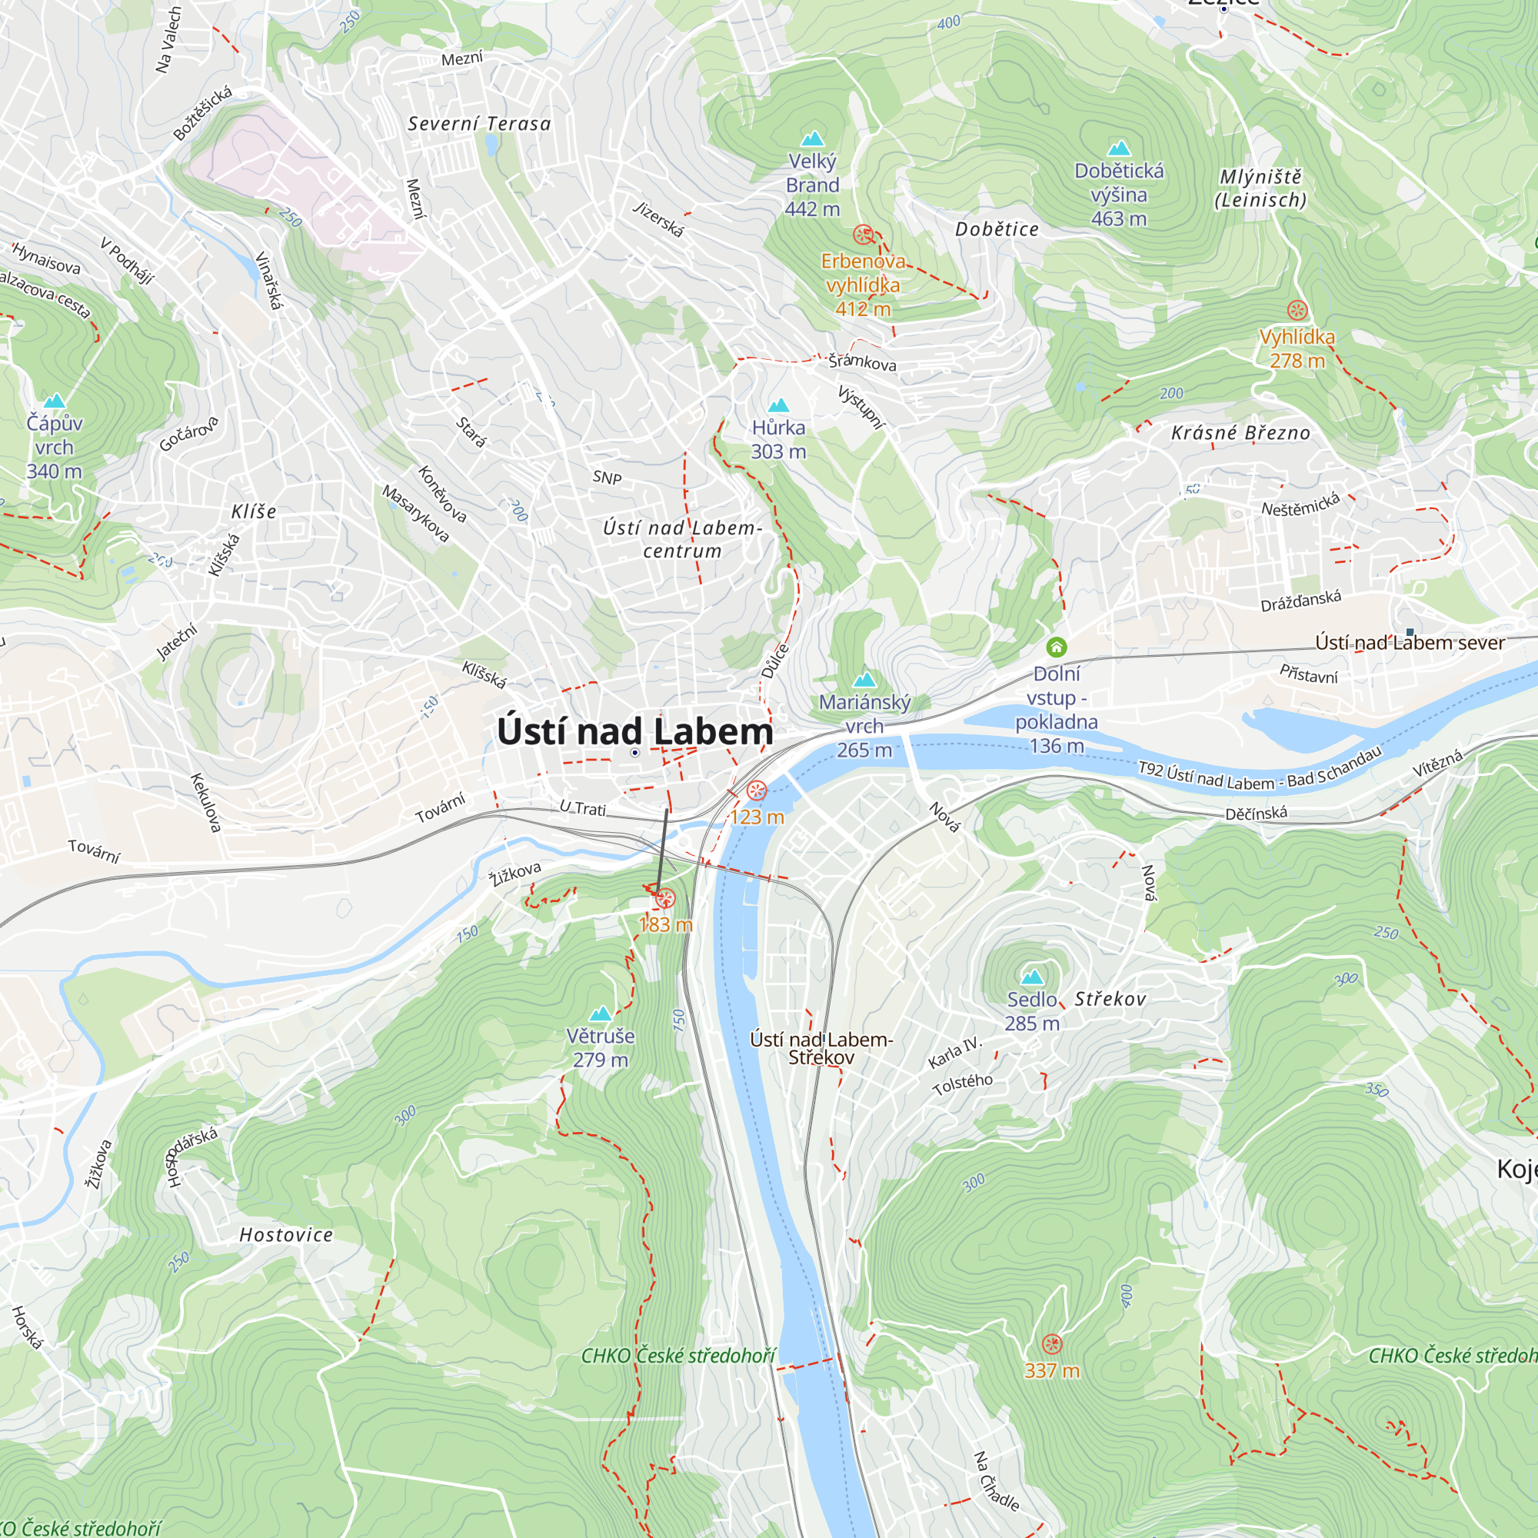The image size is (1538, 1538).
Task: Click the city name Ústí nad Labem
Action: coord(634,731)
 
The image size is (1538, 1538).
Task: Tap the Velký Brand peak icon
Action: coord(812,139)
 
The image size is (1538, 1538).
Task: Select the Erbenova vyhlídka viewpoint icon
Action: coord(863,234)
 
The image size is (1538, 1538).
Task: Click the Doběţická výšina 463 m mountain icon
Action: coord(1118,148)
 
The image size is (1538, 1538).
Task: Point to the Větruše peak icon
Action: coord(601,1014)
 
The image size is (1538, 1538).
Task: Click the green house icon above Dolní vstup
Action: coord(1057,647)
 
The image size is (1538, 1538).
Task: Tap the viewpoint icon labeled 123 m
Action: coord(756,791)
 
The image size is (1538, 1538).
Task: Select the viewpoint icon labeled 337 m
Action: coord(1051,1344)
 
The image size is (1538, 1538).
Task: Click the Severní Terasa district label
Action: coord(479,123)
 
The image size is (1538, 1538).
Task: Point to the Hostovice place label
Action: coord(287,1235)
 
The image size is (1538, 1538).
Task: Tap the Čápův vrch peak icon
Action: coord(54,401)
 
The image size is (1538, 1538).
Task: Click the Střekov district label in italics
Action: coord(1110,999)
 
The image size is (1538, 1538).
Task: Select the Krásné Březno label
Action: coord(1240,433)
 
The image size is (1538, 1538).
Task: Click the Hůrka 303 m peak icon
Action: coord(778,405)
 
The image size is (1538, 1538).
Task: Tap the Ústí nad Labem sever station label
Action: coord(1410,642)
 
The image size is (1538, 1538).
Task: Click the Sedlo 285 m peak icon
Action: coord(1033,976)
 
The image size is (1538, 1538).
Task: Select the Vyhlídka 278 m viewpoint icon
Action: coord(1297,310)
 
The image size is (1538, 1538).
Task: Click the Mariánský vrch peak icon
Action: coord(864,680)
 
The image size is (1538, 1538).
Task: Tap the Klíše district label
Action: coord(254,511)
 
